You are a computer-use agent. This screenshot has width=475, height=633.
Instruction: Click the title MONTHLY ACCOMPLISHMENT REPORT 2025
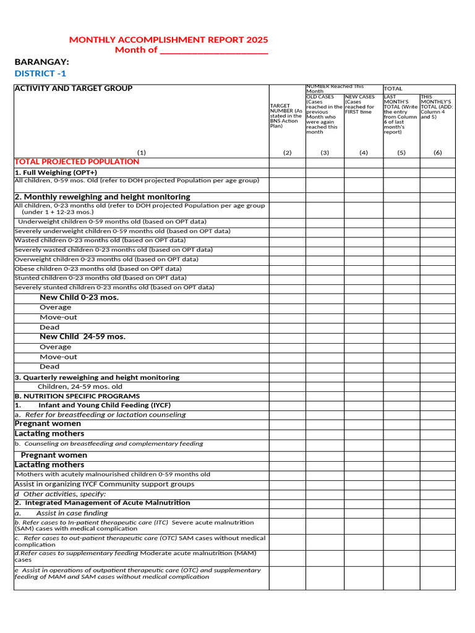[x=168, y=40]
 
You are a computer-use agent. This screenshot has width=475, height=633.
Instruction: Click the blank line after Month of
[x=214, y=51]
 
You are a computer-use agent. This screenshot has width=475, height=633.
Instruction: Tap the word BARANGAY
[x=41, y=62]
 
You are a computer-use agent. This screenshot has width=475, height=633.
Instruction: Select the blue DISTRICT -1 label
[x=40, y=74]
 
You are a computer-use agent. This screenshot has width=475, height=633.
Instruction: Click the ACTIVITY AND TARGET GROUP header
[x=74, y=88]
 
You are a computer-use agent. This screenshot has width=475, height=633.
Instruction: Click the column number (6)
[x=437, y=152]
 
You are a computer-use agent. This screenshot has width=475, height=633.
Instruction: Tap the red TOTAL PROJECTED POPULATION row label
[x=77, y=162]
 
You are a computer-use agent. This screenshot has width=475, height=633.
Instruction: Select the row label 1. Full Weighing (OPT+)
[x=56, y=172]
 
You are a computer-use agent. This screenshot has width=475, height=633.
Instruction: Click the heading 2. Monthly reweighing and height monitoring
[x=102, y=197]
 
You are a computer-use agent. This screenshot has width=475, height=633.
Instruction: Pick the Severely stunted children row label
[x=114, y=287]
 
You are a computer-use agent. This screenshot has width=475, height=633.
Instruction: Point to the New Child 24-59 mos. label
[x=82, y=337]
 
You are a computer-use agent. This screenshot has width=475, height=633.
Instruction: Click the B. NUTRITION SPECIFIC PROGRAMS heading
[x=77, y=396]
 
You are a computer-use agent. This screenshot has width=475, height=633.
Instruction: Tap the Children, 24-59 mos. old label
[x=80, y=386]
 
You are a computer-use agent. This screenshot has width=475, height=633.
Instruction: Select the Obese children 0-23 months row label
[x=98, y=269]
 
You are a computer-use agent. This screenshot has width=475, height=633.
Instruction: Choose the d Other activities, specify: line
[x=60, y=494]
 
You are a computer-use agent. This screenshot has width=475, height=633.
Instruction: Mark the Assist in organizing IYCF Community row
[x=104, y=484]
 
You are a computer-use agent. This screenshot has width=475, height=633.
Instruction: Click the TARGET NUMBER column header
[x=286, y=116]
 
